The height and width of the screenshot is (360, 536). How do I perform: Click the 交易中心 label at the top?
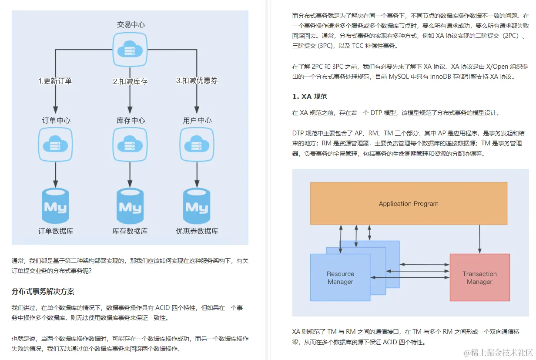tap(131, 25)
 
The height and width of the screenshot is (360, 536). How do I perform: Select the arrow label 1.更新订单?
tap(55, 81)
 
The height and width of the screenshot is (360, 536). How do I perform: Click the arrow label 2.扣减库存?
tap(130, 81)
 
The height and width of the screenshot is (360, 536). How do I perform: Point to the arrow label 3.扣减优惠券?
tap(197, 81)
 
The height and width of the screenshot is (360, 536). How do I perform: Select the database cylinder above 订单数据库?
tap(56, 205)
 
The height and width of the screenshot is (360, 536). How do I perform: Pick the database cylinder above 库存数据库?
tap(130, 205)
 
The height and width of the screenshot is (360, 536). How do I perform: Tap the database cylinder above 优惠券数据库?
tap(197, 205)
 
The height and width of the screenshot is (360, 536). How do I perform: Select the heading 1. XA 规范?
tap(309, 97)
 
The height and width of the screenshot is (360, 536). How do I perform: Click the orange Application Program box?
tap(409, 203)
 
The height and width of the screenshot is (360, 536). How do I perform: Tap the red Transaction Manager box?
tap(479, 277)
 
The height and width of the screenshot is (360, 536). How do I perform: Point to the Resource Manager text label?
tap(340, 278)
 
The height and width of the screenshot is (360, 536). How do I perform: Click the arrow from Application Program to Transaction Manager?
tap(479, 239)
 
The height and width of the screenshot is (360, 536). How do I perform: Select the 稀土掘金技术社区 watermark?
tap(498, 352)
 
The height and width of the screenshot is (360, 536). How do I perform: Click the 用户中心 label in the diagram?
tap(197, 121)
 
